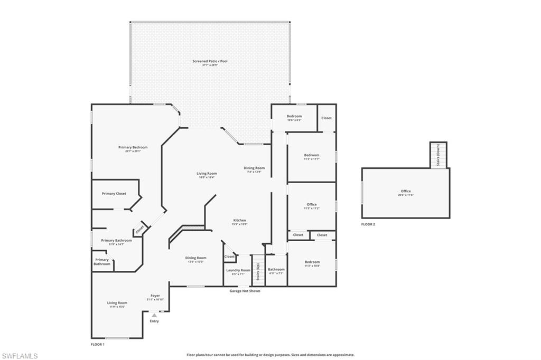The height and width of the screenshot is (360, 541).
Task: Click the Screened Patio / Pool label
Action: (x=210, y=61)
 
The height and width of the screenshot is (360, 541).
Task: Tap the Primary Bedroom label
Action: (x=133, y=147)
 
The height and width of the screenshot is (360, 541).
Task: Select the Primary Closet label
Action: (x=114, y=194)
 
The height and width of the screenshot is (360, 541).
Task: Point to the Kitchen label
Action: (x=240, y=220)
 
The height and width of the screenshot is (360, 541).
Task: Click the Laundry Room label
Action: (x=238, y=270)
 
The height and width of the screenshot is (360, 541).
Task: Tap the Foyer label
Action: (x=155, y=296)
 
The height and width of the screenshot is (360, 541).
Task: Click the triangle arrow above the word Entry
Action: (x=154, y=315)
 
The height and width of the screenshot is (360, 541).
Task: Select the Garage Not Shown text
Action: (x=245, y=291)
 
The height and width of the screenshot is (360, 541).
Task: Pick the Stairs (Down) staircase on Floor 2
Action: (x=438, y=155)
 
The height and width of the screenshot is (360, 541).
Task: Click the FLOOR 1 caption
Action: (x=98, y=344)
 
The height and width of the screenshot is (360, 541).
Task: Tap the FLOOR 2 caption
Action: (x=368, y=224)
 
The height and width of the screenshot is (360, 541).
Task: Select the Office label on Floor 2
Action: (x=406, y=191)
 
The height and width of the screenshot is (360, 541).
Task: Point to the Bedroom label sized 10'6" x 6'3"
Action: (x=294, y=116)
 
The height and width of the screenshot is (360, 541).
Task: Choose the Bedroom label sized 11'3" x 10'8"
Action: (x=312, y=262)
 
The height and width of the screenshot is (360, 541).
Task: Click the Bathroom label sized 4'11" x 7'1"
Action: (x=276, y=269)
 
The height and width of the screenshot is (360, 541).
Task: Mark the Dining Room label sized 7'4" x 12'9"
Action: (x=254, y=168)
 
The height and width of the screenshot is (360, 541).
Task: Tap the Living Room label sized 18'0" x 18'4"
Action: (x=208, y=173)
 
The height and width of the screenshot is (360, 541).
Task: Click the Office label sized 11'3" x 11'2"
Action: (x=312, y=204)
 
